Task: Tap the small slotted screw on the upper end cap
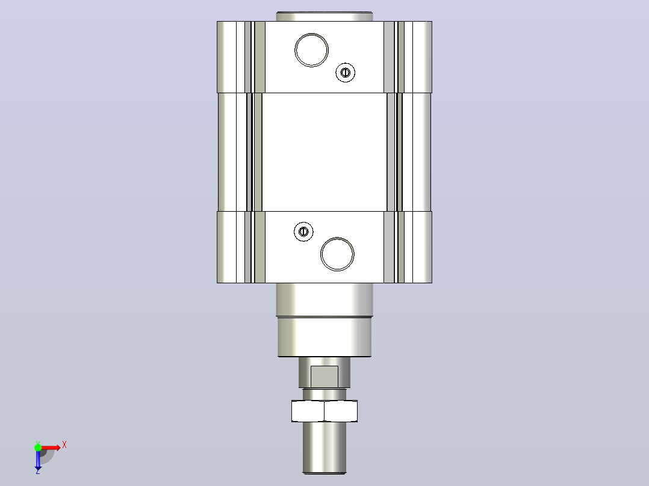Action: click(x=345, y=73)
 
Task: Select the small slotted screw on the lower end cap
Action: click(x=303, y=232)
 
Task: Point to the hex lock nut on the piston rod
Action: click(x=324, y=411)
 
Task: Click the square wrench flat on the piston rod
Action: click(x=324, y=377)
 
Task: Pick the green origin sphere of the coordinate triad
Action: click(x=38, y=448)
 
